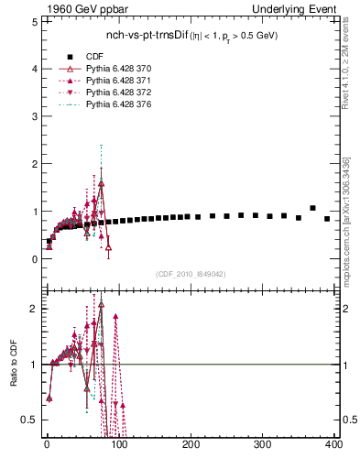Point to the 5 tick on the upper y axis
[34, 22]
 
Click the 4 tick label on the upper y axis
[34, 69]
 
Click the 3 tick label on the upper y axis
[34, 116]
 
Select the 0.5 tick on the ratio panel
[29, 420]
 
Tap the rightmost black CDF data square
[327, 219]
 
